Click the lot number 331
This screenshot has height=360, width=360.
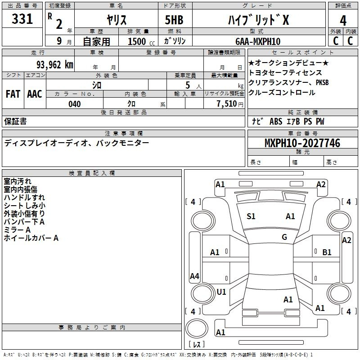pyautogui.click(x=22, y=19)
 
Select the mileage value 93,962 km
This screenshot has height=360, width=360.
pyautogui.click(x=54, y=65)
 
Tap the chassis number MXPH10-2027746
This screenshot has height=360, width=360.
pyautogui.click(x=302, y=143)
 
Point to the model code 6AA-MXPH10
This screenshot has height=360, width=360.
pyautogui.click(x=258, y=41)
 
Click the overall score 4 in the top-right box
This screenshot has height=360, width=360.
pyautogui.click(x=343, y=21)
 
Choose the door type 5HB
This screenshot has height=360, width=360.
pyautogui.click(x=174, y=20)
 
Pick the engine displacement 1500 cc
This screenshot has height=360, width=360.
pyautogui.click(x=141, y=41)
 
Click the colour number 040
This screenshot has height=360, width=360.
pyautogui.click(x=75, y=104)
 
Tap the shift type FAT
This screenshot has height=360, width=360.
pyautogui.click(x=13, y=94)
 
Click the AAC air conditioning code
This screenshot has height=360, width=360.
pyautogui.click(x=35, y=94)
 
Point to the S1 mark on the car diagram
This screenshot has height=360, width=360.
pyautogui.click(x=251, y=216)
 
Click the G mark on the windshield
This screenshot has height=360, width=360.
pyautogui.click(x=284, y=237)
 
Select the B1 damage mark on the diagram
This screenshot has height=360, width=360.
pyautogui.click(x=327, y=252)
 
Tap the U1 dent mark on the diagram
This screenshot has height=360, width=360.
pyautogui.click(x=221, y=292)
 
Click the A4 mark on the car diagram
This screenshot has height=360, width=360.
pyautogui.click(x=194, y=276)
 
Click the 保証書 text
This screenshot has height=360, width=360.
pyautogui.click(x=15, y=121)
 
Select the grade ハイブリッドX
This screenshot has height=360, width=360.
pyautogui.click(x=258, y=20)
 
